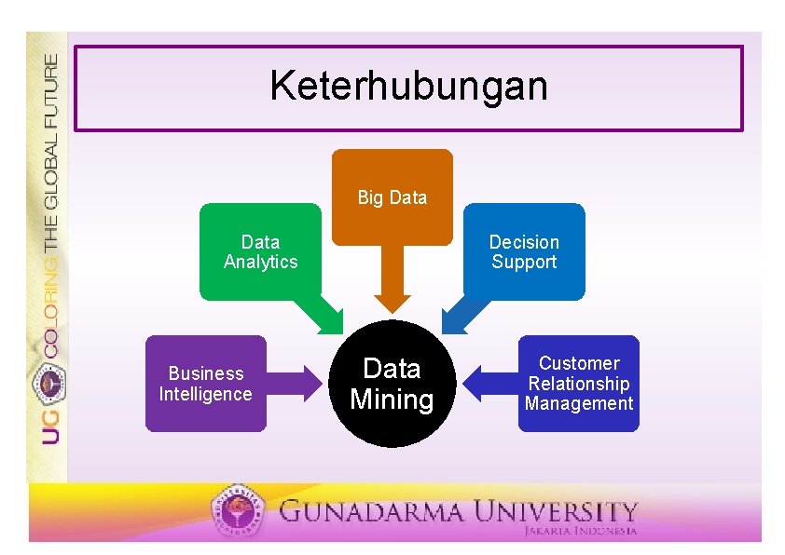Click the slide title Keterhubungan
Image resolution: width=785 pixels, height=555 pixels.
pyautogui.click(x=408, y=87)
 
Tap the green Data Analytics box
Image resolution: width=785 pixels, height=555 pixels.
pyautogui.click(x=260, y=252)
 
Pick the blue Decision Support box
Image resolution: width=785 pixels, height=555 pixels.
pyautogui.click(x=524, y=252)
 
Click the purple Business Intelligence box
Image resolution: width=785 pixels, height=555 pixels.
pyautogui.click(x=205, y=384)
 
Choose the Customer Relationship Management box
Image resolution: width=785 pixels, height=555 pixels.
pyautogui.click(x=578, y=384)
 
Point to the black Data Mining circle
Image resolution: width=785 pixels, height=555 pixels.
pyautogui.click(x=392, y=384)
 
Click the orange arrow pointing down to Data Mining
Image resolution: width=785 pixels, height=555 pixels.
pyautogui.click(x=392, y=279)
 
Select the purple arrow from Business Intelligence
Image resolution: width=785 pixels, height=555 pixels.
pyautogui.click(x=298, y=384)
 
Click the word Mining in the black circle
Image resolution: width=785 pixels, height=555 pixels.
pyautogui.click(x=392, y=400)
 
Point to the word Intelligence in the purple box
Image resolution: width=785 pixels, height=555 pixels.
pyautogui.click(x=205, y=394)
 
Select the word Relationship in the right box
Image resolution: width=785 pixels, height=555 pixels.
pyautogui.click(x=578, y=384)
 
